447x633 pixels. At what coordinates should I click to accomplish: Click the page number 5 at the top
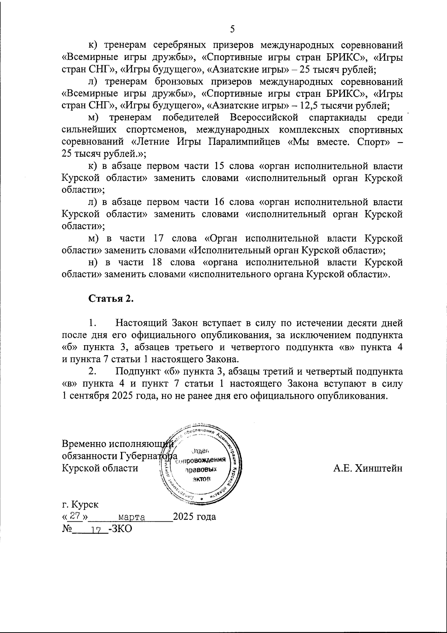tap(233, 29)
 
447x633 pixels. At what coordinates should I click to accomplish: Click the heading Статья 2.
tap(111, 299)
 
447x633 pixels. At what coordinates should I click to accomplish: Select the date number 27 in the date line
tap(76, 516)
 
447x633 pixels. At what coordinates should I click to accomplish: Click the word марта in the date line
tap(131, 517)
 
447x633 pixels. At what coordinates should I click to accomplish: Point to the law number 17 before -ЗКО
tap(96, 529)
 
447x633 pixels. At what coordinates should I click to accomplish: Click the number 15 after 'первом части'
tap(220, 166)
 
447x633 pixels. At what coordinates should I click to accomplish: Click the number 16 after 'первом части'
tap(220, 202)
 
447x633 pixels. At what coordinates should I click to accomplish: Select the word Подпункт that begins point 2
tap(139, 371)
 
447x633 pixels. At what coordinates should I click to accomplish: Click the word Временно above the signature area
tap(84, 444)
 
